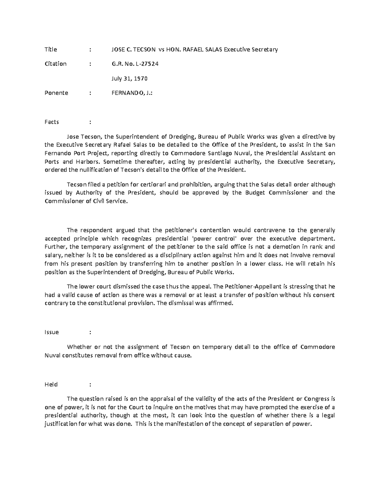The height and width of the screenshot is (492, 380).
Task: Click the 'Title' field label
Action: coord(51,49)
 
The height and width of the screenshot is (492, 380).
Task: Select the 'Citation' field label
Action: coord(55,64)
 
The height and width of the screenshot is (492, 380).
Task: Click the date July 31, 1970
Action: coord(129,78)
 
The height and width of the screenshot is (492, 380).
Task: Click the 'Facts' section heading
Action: coord(52,122)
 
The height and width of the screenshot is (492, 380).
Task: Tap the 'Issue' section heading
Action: coord(52,332)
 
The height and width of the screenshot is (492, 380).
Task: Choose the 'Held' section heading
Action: coord(51,384)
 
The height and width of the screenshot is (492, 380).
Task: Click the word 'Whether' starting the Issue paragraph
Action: coord(77,347)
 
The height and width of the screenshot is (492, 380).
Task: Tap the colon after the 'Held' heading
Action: coord(90,384)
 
